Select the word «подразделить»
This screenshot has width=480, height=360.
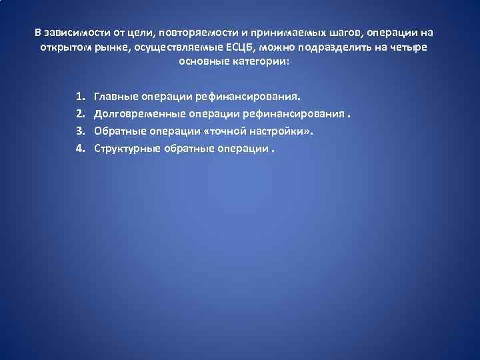point(312,48)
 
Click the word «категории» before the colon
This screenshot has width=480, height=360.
point(260,62)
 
